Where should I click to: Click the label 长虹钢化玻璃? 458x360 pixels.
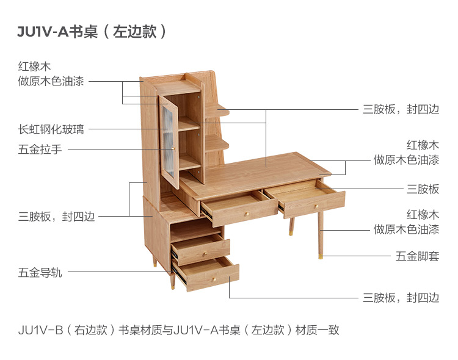(51, 129)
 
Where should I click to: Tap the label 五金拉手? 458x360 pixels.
(40, 149)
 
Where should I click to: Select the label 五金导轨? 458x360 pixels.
(40, 273)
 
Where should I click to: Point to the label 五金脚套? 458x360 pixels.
(417, 256)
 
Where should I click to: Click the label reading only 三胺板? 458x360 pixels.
(423, 189)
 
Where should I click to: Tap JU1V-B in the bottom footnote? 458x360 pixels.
(40, 331)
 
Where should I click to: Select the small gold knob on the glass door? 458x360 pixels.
(173, 148)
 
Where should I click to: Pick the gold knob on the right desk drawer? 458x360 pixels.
(318, 206)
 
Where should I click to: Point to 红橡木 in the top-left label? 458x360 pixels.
(34, 66)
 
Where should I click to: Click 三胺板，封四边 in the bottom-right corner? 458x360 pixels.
(401, 297)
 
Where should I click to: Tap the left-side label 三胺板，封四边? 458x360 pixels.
(56, 216)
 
